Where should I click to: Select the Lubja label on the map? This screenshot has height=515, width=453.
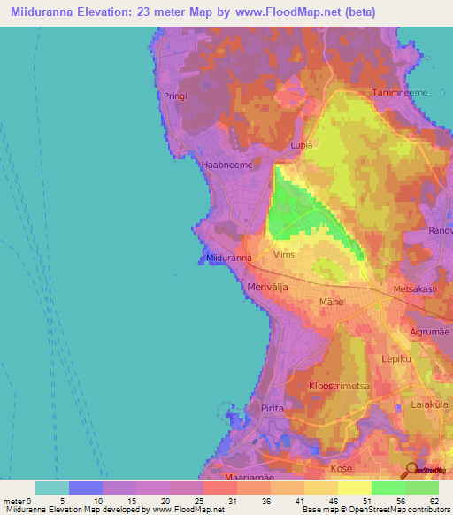(303, 146)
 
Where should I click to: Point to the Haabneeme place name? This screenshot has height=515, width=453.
(227, 165)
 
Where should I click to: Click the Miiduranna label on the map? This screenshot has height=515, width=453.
(230, 257)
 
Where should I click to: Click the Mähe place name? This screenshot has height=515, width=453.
(331, 302)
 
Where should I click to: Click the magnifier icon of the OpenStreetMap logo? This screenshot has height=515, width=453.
(410, 470)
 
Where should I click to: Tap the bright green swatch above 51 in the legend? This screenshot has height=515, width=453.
(388, 488)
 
